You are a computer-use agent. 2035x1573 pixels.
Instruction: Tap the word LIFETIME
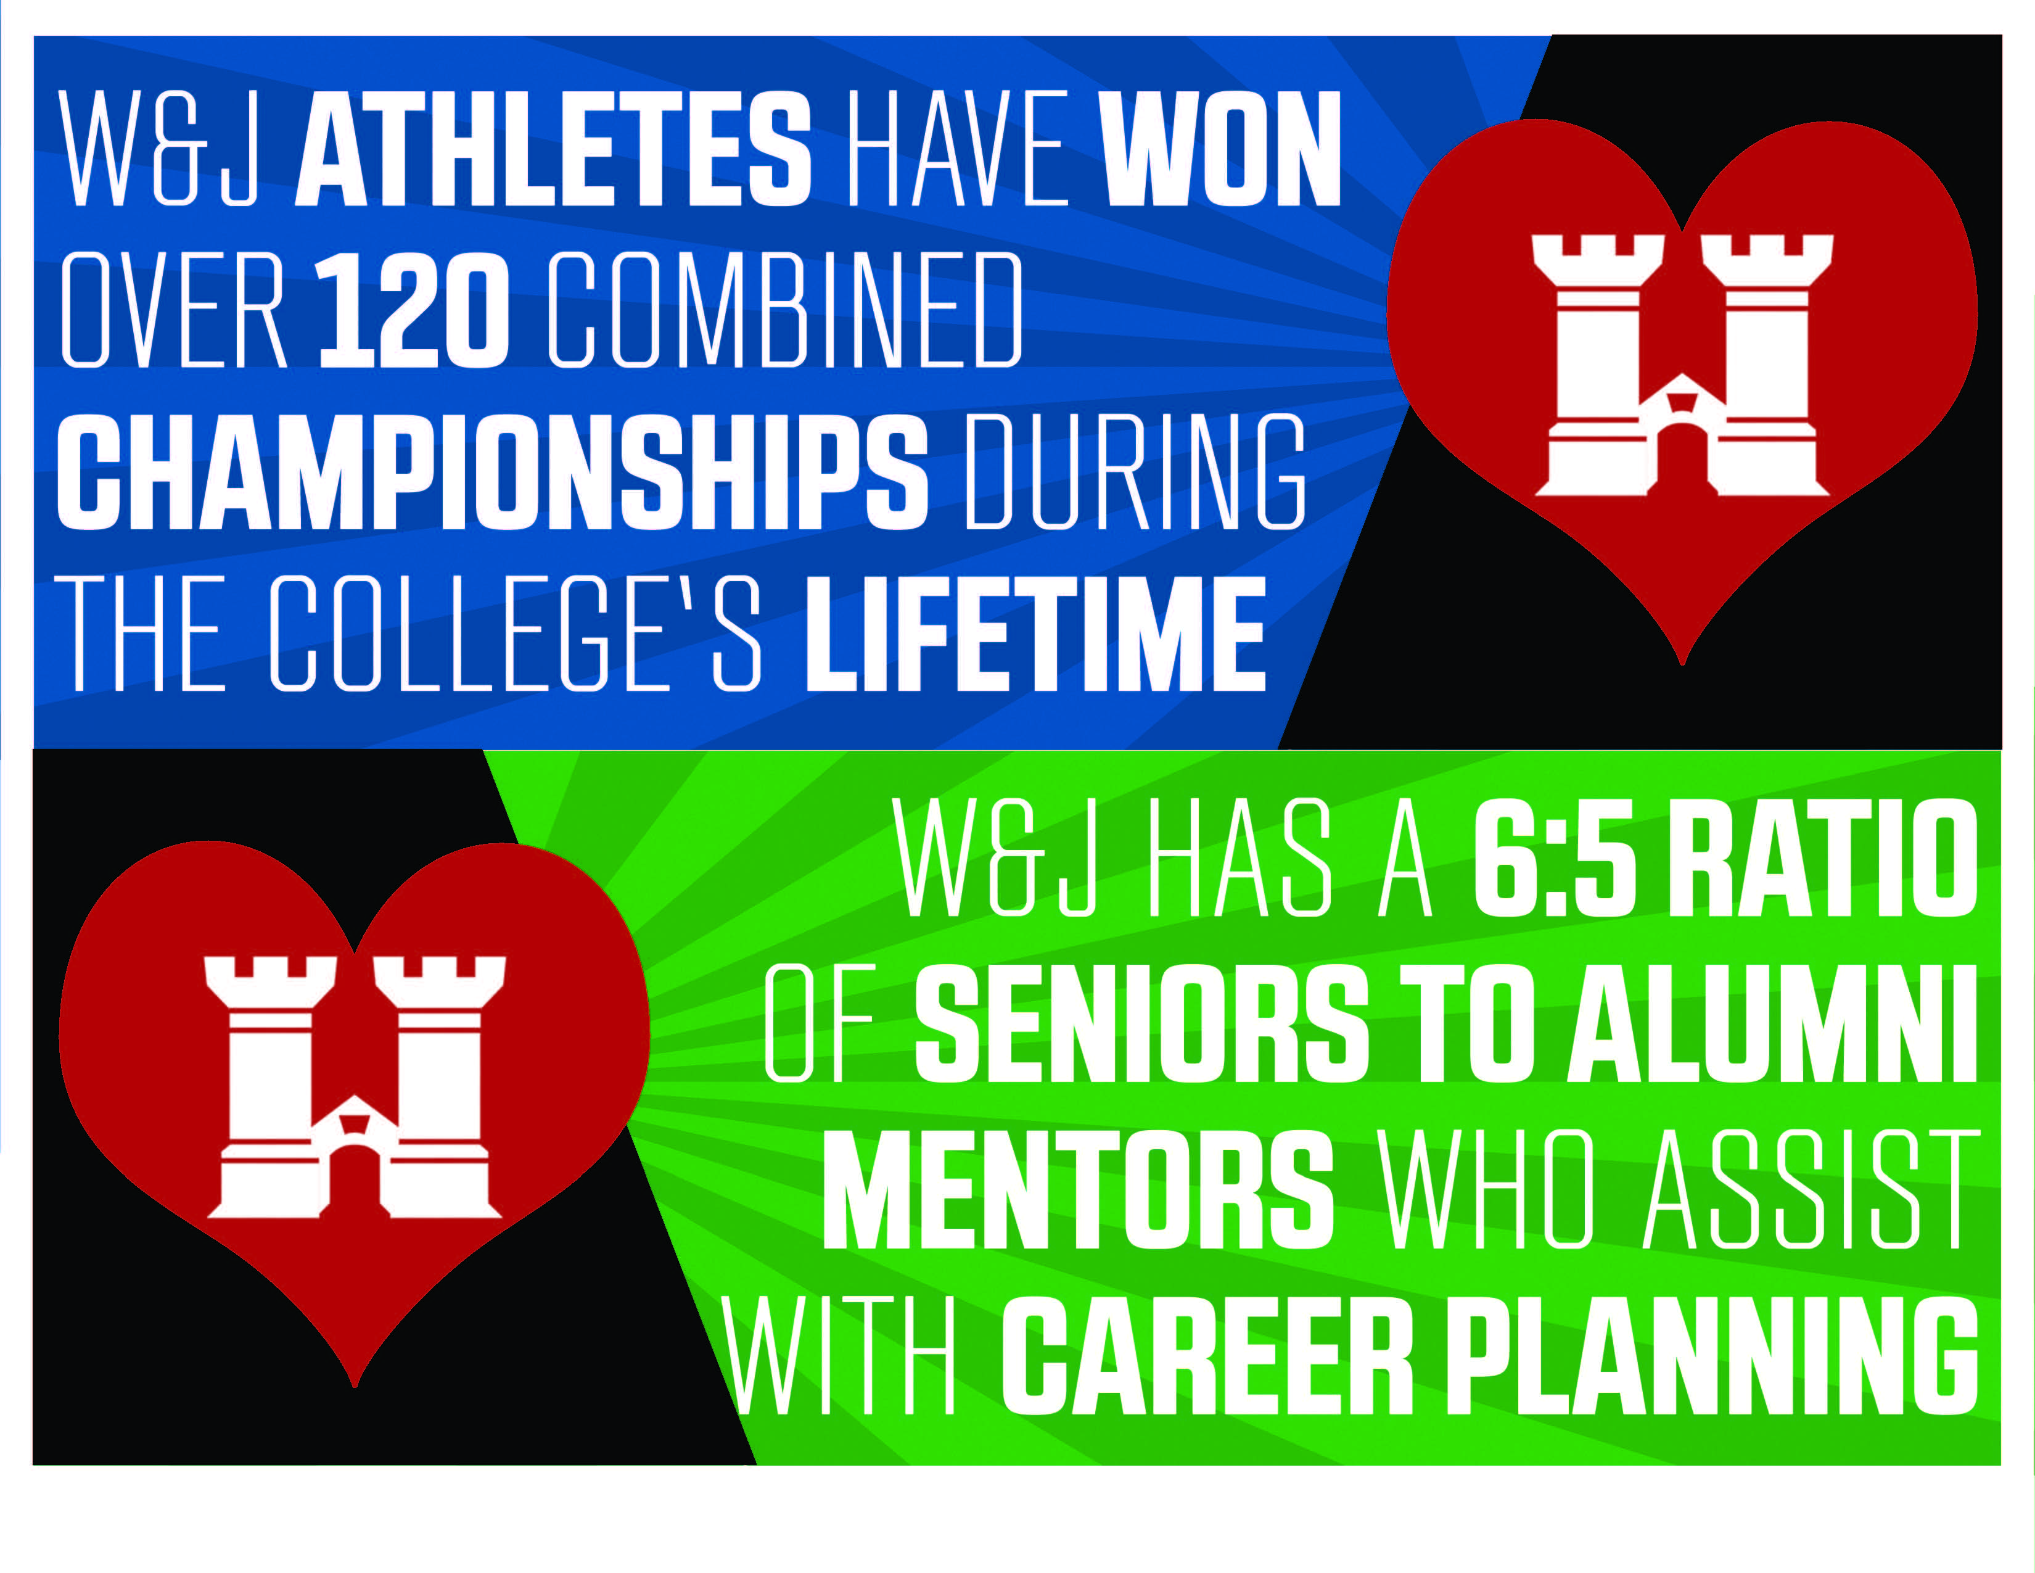click(x=1035, y=633)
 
